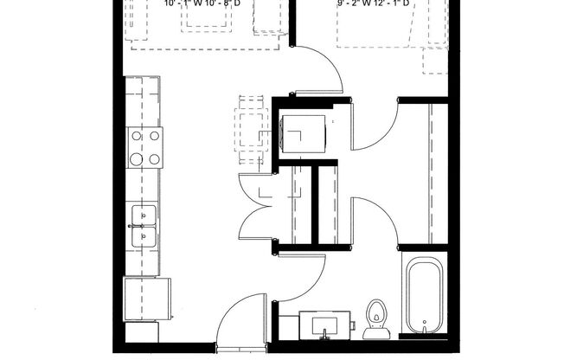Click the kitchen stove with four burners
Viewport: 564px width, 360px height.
tap(145, 147)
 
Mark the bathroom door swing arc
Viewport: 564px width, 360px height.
tap(303, 277)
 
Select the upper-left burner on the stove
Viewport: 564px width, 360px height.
tap(136, 136)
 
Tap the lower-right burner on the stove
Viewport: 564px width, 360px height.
tap(154, 159)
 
